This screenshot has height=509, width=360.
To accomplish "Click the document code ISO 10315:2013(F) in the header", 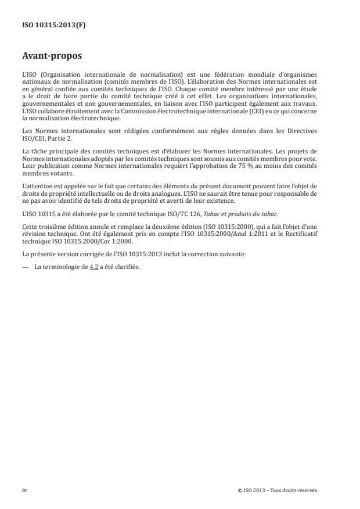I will [46, 26].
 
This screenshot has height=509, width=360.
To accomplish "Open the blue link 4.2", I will [93, 251].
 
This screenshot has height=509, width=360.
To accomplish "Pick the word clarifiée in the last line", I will [127, 251].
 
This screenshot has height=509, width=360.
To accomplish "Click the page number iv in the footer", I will [25, 490].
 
